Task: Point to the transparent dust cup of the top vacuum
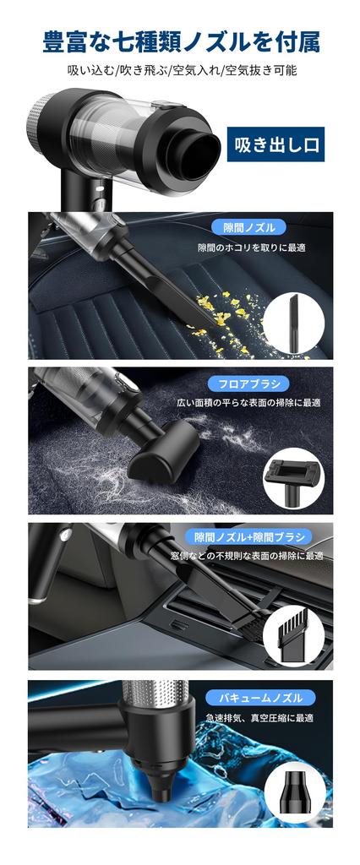[x=118, y=135]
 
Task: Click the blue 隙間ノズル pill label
[x=248, y=227]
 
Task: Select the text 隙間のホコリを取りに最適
[x=251, y=248]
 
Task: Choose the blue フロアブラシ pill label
[x=248, y=383]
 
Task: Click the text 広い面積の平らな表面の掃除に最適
[x=248, y=403]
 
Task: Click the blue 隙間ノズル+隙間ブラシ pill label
[x=248, y=537]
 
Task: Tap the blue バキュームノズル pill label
[x=248, y=698]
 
